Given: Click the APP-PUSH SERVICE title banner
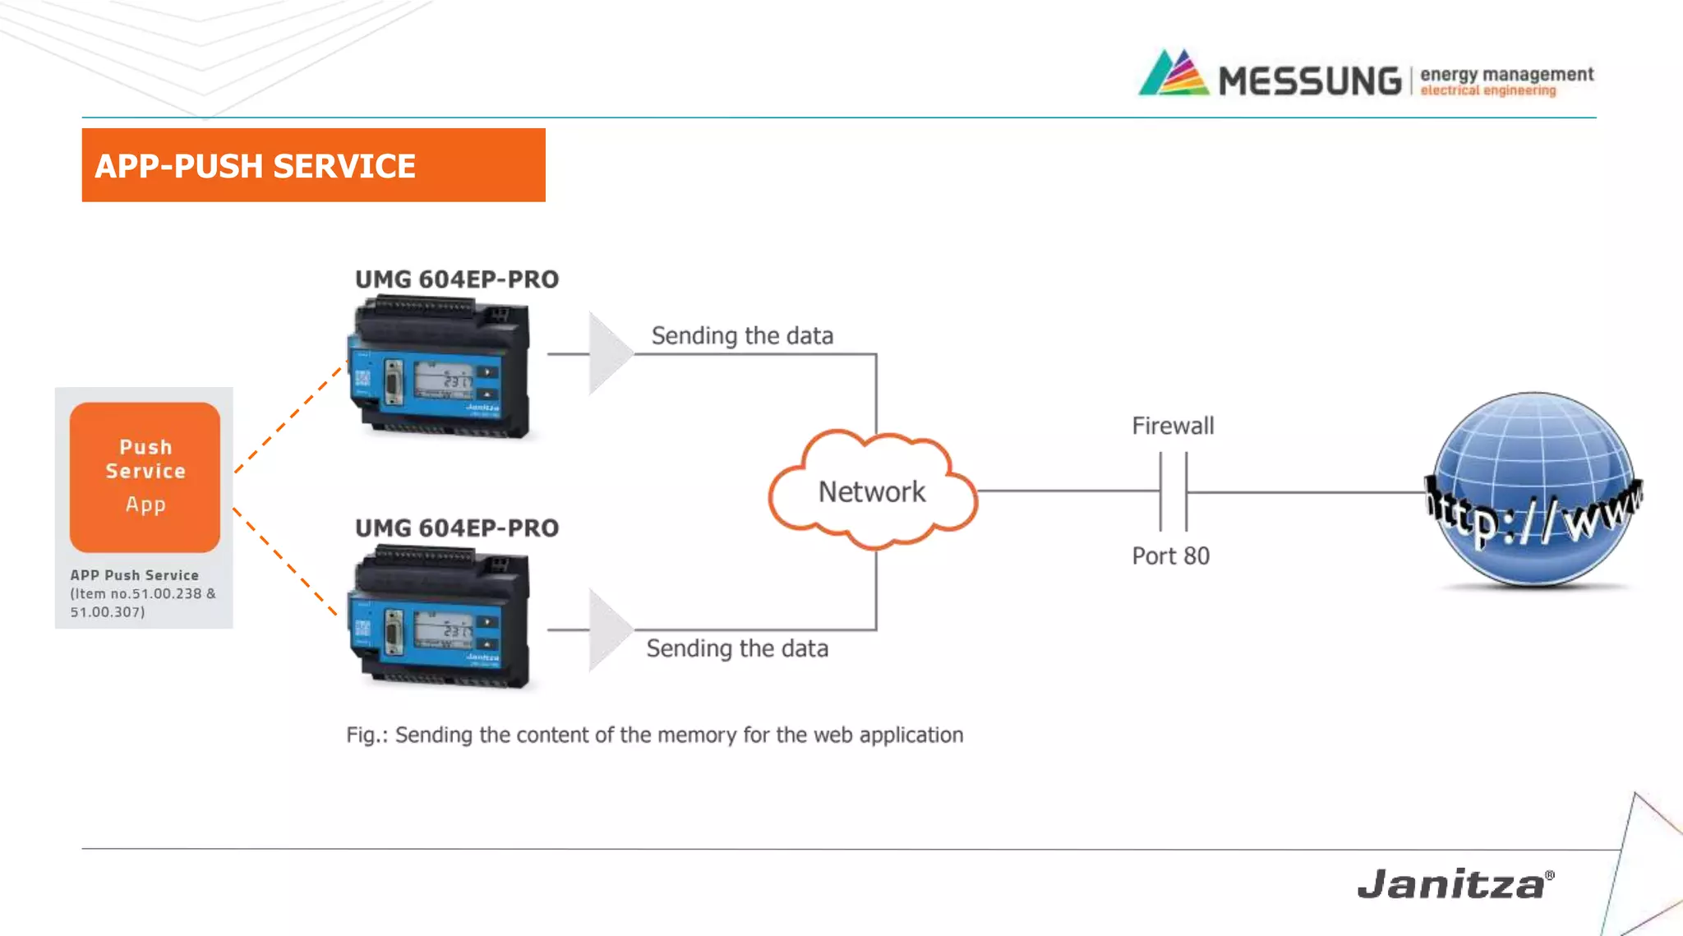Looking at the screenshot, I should [x=313, y=165].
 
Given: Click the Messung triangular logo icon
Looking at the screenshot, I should [x=1173, y=74].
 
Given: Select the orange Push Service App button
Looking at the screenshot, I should [x=145, y=477].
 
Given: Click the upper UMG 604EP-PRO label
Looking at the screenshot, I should [x=457, y=279].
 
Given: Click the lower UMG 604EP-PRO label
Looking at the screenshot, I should [x=457, y=528].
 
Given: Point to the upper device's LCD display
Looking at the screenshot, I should [x=443, y=380].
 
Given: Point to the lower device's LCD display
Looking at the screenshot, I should [x=443, y=629].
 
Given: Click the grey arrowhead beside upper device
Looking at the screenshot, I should [x=608, y=353].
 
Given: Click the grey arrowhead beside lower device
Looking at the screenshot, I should [x=608, y=630].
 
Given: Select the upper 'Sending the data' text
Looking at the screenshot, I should [x=742, y=335].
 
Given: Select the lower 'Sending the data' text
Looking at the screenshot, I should [x=737, y=648].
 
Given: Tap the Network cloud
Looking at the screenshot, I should [x=872, y=491].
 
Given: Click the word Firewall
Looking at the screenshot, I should [x=1173, y=426].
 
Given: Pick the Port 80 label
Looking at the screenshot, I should [x=1170, y=556].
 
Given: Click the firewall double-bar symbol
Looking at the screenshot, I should [x=1173, y=491].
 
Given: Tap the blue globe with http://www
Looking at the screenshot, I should [x=1533, y=491].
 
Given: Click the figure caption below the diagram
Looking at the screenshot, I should [x=654, y=735].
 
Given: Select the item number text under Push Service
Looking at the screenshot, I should [x=142, y=602].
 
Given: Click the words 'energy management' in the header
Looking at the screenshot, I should [x=1506, y=74].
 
